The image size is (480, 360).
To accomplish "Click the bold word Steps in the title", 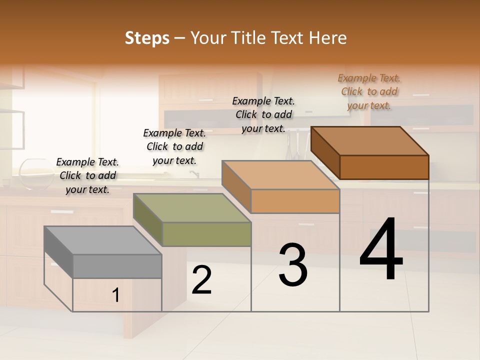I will click(147, 38).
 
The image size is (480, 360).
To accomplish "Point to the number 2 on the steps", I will click(201, 280).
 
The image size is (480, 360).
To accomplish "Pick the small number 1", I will click(115, 295).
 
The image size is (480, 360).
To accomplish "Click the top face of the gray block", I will click(102, 240).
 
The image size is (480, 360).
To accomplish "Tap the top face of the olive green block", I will click(191, 208).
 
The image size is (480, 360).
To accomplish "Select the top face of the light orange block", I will click(280, 175).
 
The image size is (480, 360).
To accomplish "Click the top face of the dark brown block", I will click(369, 141).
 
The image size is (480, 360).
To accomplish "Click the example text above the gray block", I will click(87, 175).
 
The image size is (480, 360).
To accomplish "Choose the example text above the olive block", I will click(174, 146).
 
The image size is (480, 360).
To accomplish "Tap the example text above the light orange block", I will click(263, 114).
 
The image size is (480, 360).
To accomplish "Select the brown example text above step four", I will click(369, 91).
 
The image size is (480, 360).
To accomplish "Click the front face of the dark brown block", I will click(384, 167).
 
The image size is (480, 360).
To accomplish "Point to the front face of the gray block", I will click(117, 266).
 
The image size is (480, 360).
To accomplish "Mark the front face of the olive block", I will click(206, 234).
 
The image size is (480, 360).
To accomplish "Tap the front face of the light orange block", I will click(295, 201).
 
